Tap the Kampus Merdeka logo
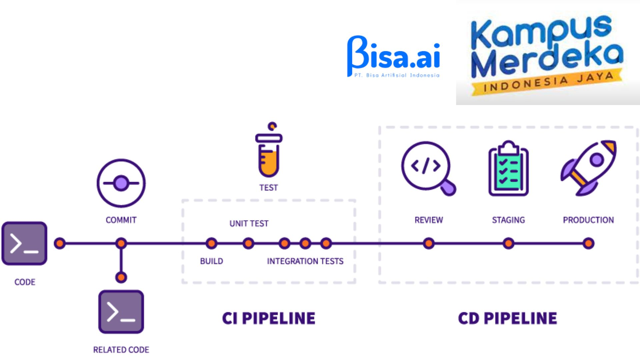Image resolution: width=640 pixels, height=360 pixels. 547,53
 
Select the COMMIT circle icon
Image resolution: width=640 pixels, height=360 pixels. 121,183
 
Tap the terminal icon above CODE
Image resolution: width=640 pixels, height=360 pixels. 24,243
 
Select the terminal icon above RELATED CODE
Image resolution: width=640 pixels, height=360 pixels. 121,312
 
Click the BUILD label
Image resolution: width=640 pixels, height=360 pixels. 211,261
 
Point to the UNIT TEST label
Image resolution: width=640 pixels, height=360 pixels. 249,223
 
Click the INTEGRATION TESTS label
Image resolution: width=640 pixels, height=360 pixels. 305,261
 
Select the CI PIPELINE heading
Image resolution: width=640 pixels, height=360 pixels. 269,318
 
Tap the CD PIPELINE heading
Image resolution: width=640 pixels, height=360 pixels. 507,318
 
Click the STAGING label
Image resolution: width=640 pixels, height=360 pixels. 508,220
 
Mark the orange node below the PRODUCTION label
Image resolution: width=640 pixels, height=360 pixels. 589,243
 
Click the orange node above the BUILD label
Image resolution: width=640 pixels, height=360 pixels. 211,243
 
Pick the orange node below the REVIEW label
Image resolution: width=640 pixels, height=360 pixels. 429,243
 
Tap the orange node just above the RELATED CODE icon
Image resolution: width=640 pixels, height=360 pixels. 121,277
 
